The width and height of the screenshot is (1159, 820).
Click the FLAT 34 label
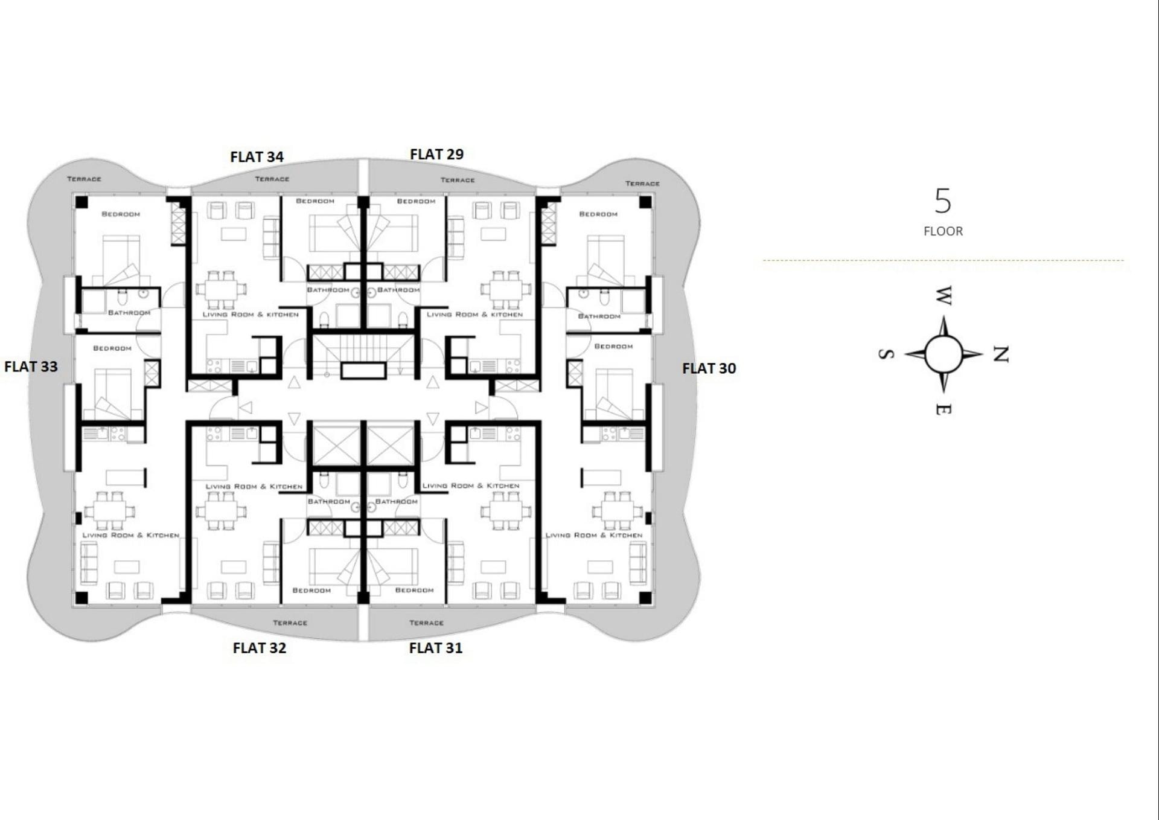coord(257,157)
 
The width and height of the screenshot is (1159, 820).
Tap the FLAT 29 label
coord(436,155)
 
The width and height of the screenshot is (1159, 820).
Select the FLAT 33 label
coord(31,367)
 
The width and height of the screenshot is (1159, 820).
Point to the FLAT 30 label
coord(709,368)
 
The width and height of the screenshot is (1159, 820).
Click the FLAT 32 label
coord(260,648)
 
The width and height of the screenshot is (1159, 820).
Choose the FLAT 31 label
coord(436,648)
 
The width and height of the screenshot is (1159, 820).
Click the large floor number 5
coord(943,201)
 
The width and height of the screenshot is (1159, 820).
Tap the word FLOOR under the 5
coord(943,231)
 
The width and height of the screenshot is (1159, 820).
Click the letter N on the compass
coord(1001,354)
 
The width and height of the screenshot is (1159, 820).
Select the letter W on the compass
coord(943,296)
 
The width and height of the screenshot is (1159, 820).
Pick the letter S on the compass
coord(886,354)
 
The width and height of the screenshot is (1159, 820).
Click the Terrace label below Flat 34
coord(272,179)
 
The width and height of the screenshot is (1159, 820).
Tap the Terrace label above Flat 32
coord(290,623)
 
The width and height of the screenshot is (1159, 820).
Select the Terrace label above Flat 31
coord(426,623)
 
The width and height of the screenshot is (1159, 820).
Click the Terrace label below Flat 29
coord(457,180)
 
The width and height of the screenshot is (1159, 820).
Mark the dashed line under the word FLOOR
coord(943,260)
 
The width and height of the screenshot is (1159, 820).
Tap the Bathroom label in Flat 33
coord(129,313)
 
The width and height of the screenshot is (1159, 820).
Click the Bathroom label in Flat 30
coord(599,316)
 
